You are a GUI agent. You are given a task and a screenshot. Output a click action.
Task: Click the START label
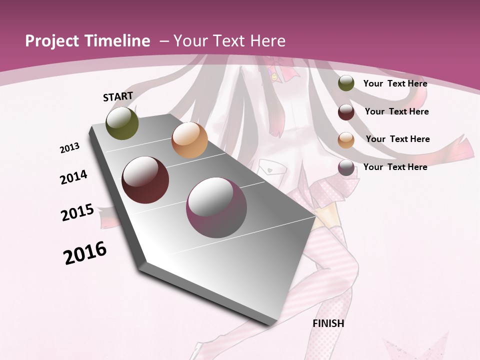[x=118, y=96]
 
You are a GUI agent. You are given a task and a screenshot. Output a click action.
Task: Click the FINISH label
[x=328, y=323]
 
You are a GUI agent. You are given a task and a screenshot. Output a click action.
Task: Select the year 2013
[x=69, y=148]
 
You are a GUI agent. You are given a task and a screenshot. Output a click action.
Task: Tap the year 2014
[x=73, y=177]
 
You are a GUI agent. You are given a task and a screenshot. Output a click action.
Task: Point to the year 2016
[x=85, y=253]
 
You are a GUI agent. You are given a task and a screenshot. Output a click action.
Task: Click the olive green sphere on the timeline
[x=122, y=123]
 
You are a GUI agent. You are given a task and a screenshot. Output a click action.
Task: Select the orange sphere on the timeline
[x=189, y=140]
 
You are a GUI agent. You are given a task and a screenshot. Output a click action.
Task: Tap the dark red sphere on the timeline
[x=145, y=180]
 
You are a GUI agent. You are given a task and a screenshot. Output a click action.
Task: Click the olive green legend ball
[x=346, y=83]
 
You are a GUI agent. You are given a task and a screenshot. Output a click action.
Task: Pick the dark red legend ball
[x=346, y=111]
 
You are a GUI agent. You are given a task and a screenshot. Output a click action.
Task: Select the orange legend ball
[x=346, y=139]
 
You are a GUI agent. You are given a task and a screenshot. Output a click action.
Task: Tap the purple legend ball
[x=346, y=167]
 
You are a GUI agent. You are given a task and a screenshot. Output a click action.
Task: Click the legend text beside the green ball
[x=395, y=83]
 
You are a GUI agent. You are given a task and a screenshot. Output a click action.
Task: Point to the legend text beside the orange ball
[x=397, y=139]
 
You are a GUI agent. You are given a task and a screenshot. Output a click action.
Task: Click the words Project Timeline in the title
[x=87, y=41]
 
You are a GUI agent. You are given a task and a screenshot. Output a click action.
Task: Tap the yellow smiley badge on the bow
[x=274, y=77]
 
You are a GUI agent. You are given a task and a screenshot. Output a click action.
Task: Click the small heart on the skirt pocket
[x=270, y=169]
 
